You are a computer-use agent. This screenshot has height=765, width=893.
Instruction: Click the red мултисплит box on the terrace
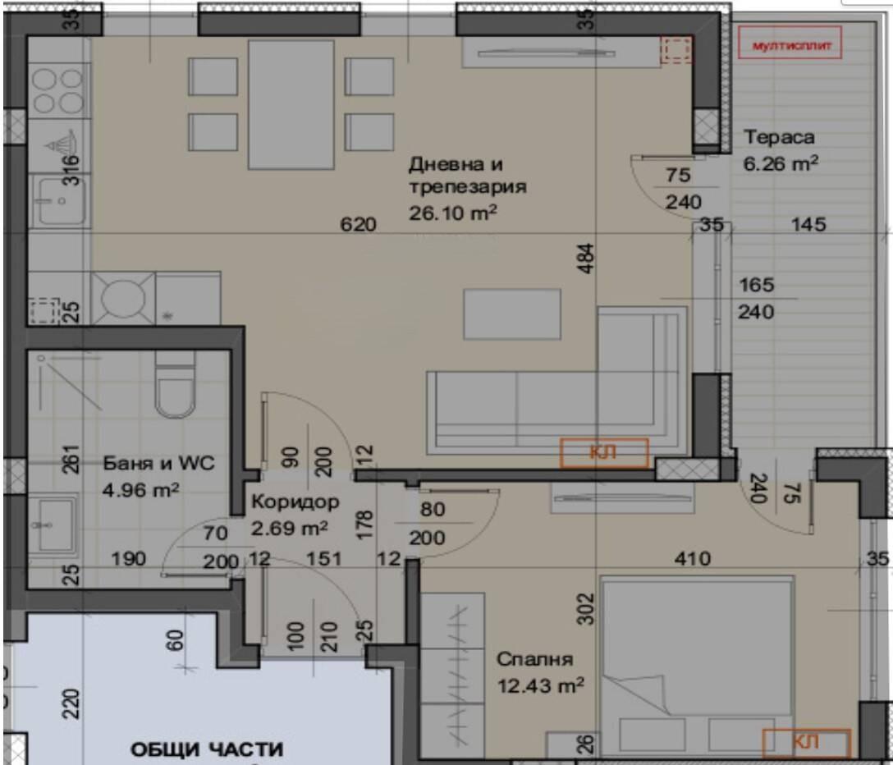pos(790,43)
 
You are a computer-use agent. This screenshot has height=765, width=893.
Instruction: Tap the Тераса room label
pos(779,137)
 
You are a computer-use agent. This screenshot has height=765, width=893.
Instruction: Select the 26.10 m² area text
pos(453,213)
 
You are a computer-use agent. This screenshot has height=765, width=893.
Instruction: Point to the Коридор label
pos(295,502)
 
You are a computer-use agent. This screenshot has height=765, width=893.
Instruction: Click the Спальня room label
pos(534,659)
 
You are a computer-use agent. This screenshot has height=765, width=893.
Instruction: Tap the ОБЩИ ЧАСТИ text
pos(207,749)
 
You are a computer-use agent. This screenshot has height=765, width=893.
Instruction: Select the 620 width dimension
pos(358,224)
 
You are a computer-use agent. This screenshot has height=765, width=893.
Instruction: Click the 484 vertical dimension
pos(587,259)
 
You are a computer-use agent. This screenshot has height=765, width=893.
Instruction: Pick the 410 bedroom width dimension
pos(692,558)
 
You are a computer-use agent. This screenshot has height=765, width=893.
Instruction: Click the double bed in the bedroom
pos(697,667)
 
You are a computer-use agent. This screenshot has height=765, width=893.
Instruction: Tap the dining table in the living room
pos(291,105)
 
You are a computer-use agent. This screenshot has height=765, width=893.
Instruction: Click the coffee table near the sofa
pos(512,314)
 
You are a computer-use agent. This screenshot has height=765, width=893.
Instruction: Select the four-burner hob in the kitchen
pos(57,90)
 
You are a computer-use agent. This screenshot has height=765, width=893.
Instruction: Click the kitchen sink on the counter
pos(59,200)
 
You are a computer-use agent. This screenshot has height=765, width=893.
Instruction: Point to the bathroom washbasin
pos(53,525)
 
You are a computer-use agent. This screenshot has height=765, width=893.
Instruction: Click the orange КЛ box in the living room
pos(604,453)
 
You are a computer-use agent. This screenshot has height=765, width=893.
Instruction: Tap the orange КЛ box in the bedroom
pos(806,742)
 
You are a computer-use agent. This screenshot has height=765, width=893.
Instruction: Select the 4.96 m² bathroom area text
pos(140,489)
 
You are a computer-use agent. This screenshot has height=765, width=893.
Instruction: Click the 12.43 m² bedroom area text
pos(540,686)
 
